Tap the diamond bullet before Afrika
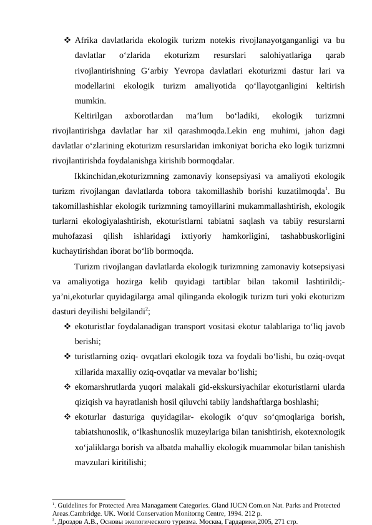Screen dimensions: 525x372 click(66, 41)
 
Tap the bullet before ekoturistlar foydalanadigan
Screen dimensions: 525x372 click(66, 327)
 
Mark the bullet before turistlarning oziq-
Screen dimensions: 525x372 click(66, 357)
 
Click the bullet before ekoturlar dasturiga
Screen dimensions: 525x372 click(66, 417)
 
